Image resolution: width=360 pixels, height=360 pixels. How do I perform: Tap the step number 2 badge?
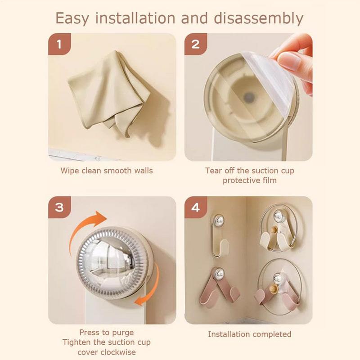tap(196, 45)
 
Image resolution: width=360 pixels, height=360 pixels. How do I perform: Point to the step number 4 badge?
tap(196, 207)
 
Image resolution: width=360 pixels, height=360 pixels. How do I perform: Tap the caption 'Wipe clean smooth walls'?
tap(107, 171)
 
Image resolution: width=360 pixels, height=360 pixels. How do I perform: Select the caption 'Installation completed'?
tap(249, 334)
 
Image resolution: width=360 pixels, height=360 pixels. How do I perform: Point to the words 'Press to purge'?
tap(106, 333)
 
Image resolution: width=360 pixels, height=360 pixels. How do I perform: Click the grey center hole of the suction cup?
tap(247, 96)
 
